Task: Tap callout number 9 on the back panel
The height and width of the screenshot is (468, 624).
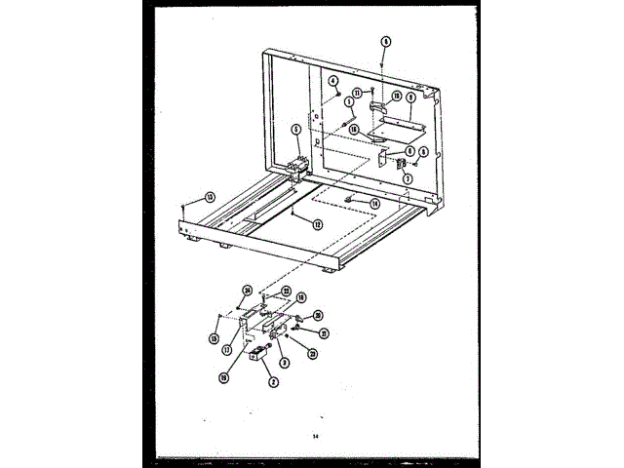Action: tap(409, 97)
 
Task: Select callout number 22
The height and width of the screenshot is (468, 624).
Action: tap(287, 290)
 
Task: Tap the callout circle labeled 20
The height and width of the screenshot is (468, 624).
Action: tap(318, 315)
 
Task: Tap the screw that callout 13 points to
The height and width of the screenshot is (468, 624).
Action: tap(183, 208)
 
